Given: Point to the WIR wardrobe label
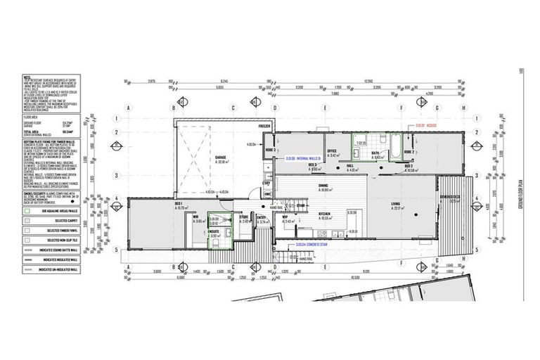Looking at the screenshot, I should tap(197, 217).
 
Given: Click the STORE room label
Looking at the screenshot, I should tap(243, 237).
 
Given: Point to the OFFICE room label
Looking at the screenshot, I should tap(331, 150).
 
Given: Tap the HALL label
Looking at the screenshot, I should tap(349, 167).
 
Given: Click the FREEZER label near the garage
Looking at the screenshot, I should tap(264, 127).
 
